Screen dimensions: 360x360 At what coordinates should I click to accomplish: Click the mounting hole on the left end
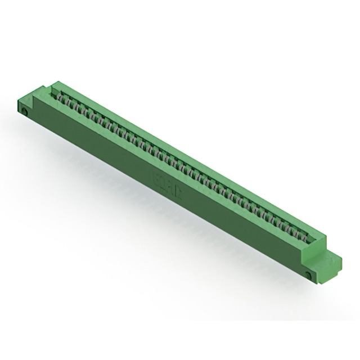(x=26, y=111)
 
